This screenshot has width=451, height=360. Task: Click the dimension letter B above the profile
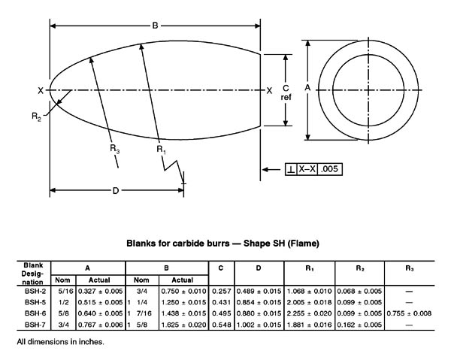coord(155,26)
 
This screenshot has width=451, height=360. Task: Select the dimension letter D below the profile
coord(115,191)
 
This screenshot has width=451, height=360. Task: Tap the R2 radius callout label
coord(37,116)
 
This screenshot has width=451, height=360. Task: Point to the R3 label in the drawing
coord(114,149)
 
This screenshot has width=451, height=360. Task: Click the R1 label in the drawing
coord(161,150)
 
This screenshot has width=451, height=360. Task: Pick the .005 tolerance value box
coord(330,169)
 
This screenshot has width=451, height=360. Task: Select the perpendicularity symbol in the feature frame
coord(291,169)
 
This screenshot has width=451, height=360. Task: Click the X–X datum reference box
coord(307,169)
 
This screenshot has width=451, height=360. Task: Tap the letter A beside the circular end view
coord(307,87)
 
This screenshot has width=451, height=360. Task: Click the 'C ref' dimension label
coord(286,92)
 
